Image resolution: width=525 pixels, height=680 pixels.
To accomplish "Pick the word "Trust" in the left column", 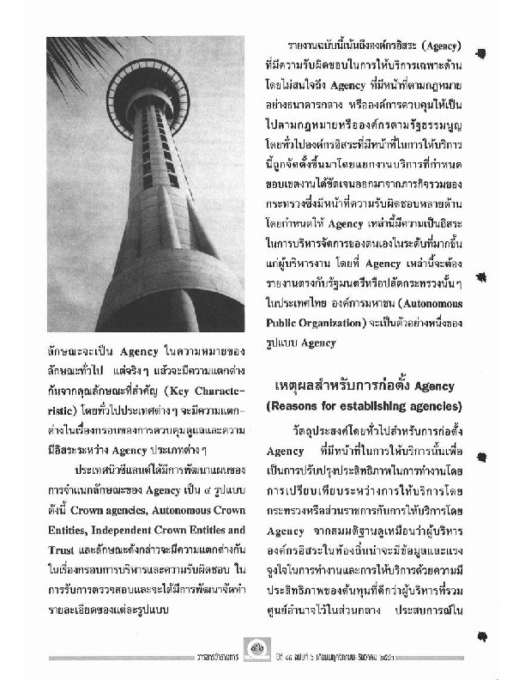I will coord(63,547).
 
